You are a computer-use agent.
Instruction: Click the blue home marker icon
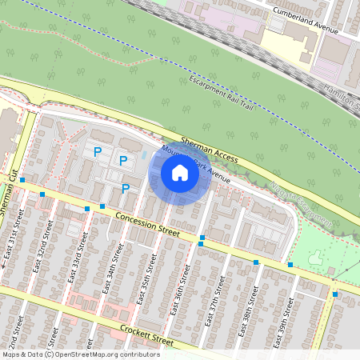click(180, 172)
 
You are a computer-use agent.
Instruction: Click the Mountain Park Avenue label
click(195, 165)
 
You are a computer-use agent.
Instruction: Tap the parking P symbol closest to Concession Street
click(126, 189)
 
